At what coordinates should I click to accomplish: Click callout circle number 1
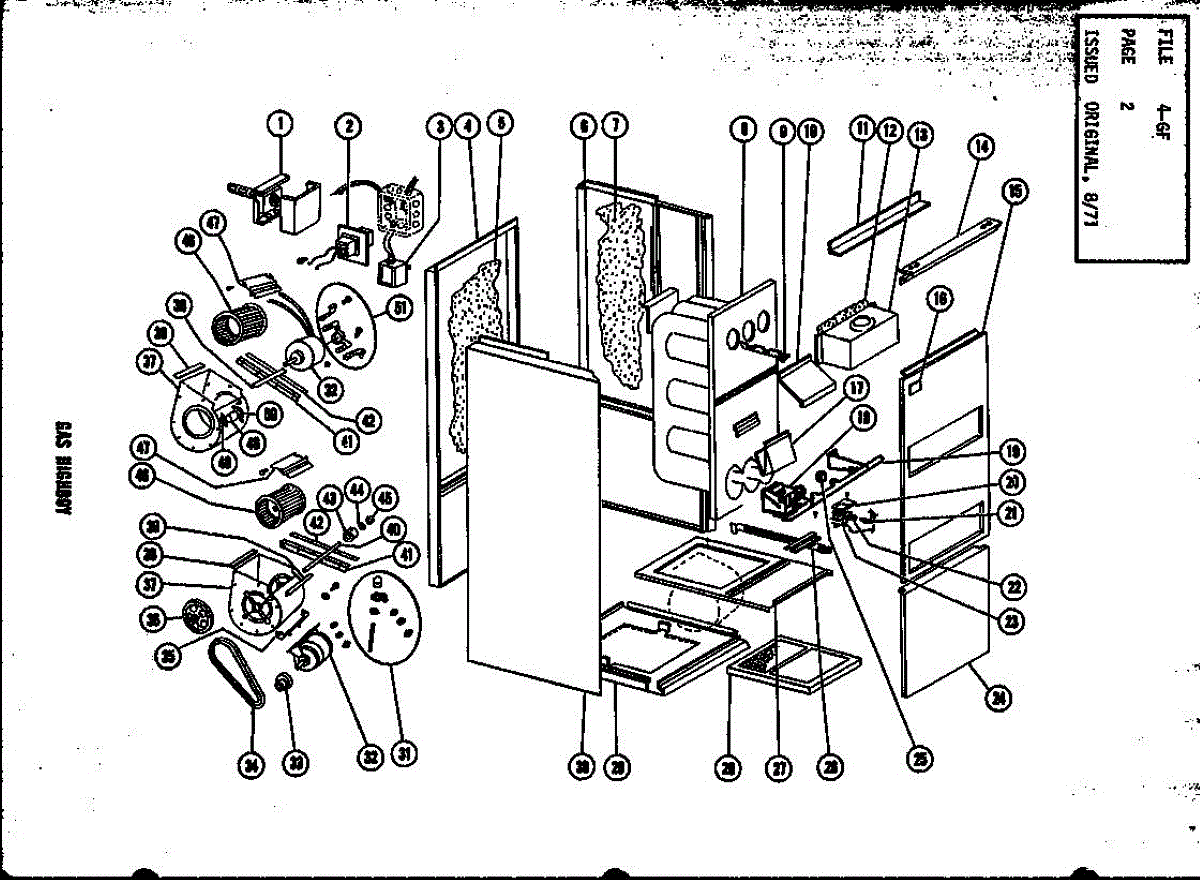pyautogui.click(x=281, y=124)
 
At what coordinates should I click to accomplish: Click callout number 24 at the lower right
pyautogui.click(x=995, y=699)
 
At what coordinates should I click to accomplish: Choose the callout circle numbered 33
pyautogui.click(x=295, y=764)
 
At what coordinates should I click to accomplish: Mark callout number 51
pyautogui.click(x=401, y=309)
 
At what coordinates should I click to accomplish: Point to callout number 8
pyautogui.click(x=742, y=128)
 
